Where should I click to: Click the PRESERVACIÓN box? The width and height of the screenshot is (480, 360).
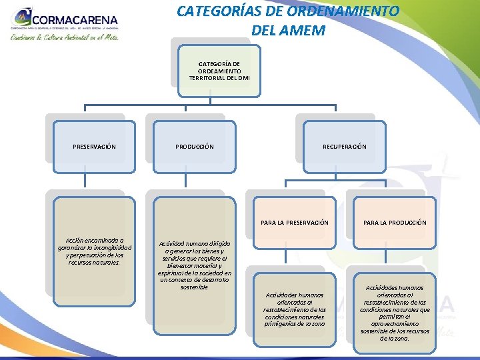pos(94,146)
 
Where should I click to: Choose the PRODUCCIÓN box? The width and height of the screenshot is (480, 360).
pos(195,146)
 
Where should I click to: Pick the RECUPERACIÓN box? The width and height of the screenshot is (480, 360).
pos(344,146)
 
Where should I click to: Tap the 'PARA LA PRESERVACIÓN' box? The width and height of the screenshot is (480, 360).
pos(294,222)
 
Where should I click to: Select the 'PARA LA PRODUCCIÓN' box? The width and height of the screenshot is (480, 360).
pos(395,222)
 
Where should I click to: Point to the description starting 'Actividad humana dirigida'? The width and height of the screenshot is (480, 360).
pos(194,265)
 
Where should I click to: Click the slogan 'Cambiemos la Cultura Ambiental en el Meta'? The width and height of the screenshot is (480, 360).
pos(64,38)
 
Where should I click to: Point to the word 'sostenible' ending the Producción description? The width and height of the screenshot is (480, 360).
pos(194,287)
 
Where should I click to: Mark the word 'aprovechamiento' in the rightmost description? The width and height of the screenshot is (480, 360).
pos(395,324)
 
